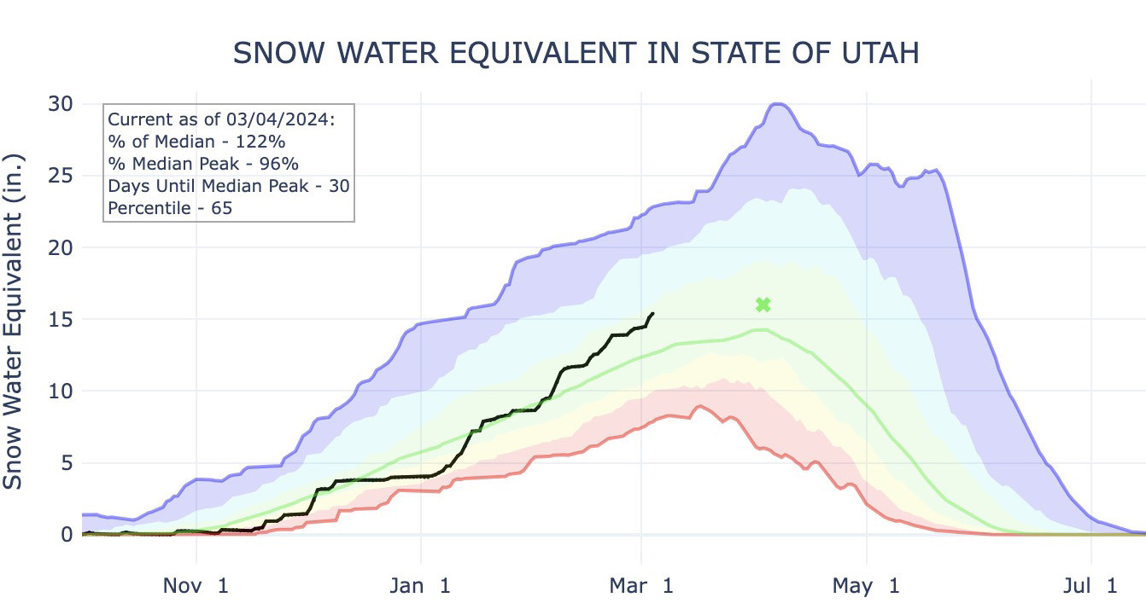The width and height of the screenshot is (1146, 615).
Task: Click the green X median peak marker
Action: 763,305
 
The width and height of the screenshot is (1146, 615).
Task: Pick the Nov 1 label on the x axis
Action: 196,586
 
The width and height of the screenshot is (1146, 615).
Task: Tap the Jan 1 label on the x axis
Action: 420,586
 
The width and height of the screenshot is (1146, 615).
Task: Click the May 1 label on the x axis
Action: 866,586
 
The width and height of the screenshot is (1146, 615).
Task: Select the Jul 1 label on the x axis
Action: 1090,586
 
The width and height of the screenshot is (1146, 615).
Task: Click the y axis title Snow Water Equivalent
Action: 14,322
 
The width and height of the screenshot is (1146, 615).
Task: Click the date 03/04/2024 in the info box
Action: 288,119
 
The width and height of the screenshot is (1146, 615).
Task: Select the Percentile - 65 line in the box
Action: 171,207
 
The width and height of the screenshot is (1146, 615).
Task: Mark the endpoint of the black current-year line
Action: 653,313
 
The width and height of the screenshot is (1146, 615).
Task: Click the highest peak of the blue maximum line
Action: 776,104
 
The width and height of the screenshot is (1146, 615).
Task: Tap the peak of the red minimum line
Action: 699,406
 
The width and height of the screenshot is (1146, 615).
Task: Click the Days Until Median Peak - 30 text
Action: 229,185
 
